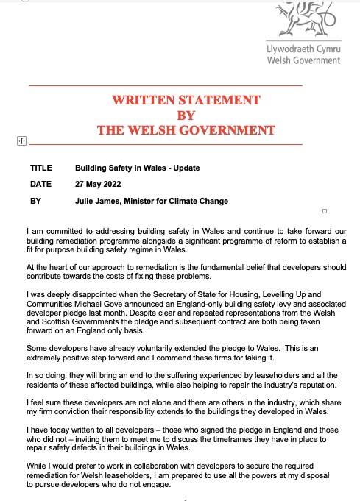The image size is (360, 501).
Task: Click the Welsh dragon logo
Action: point(300,21)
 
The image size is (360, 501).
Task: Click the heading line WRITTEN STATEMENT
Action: point(186,100)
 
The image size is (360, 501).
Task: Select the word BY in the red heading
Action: point(186,116)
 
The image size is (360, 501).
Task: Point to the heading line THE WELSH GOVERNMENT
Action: point(186,131)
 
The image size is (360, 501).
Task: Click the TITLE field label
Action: point(40,168)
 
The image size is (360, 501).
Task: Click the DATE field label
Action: point(40,184)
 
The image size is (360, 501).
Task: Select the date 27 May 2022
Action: point(98,184)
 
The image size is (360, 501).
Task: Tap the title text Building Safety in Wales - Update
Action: point(137,168)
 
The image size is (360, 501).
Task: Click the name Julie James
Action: point(99,201)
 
